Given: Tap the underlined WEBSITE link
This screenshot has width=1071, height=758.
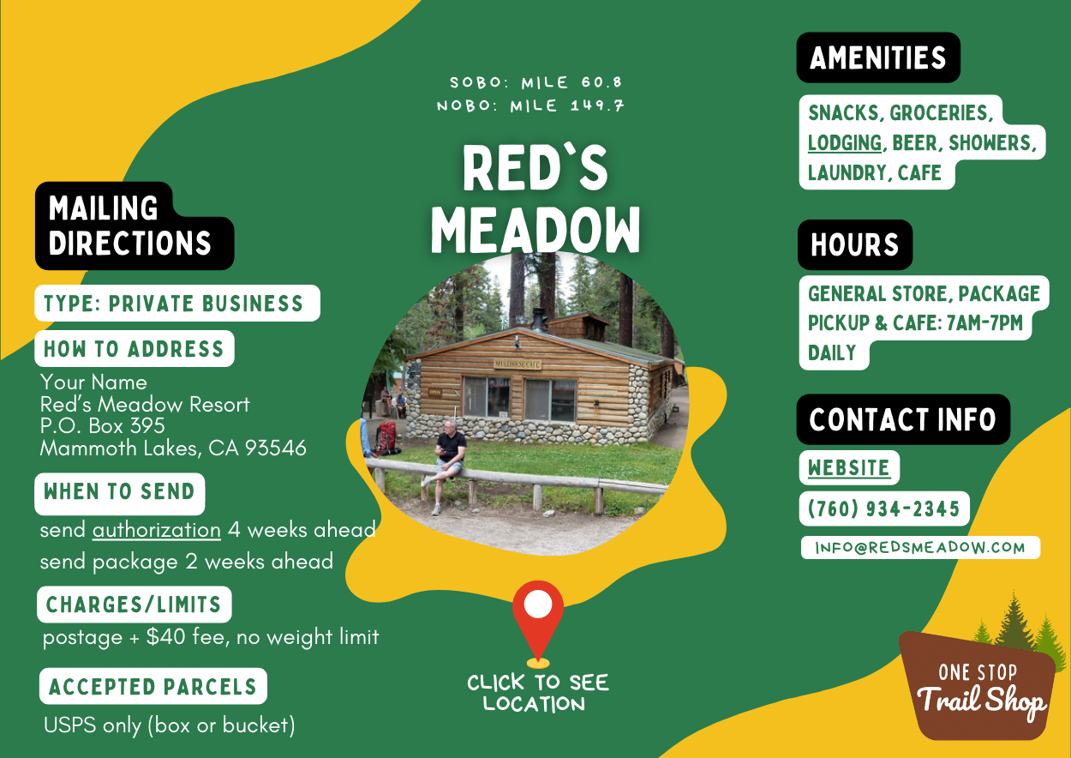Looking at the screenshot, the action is [x=849, y=467].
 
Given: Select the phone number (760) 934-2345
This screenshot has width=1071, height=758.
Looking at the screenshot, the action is [x=884, y=508].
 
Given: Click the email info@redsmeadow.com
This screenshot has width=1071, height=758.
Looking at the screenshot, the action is [x=920, y=547].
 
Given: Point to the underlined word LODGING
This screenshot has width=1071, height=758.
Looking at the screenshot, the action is [x=845, y=142].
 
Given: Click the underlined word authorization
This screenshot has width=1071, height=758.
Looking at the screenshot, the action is [x=157, y=530].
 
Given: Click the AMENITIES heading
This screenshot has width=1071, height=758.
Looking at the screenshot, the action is [x=878, y=58].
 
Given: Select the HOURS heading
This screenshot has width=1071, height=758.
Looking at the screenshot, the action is [x=855, y=244].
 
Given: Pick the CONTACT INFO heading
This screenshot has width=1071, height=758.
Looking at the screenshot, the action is [x=903, y=419].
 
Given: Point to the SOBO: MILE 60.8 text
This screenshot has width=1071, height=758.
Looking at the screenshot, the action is [x=536, y=82].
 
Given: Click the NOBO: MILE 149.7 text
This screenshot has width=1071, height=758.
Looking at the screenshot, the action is [x=530, y=105].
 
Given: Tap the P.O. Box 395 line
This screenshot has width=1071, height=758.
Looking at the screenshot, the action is [x=102, y=426].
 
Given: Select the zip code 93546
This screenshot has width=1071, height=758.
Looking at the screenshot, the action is [x=275, y=448].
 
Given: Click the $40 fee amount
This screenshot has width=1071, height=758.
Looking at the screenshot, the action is [x=166, y=637].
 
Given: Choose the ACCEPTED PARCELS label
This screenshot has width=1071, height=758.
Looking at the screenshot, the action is [x=153, y=686].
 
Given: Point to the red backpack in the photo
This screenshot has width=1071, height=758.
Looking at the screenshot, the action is [x=386, y=437].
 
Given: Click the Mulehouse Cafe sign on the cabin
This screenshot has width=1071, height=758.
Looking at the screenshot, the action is [x=518, y=364].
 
